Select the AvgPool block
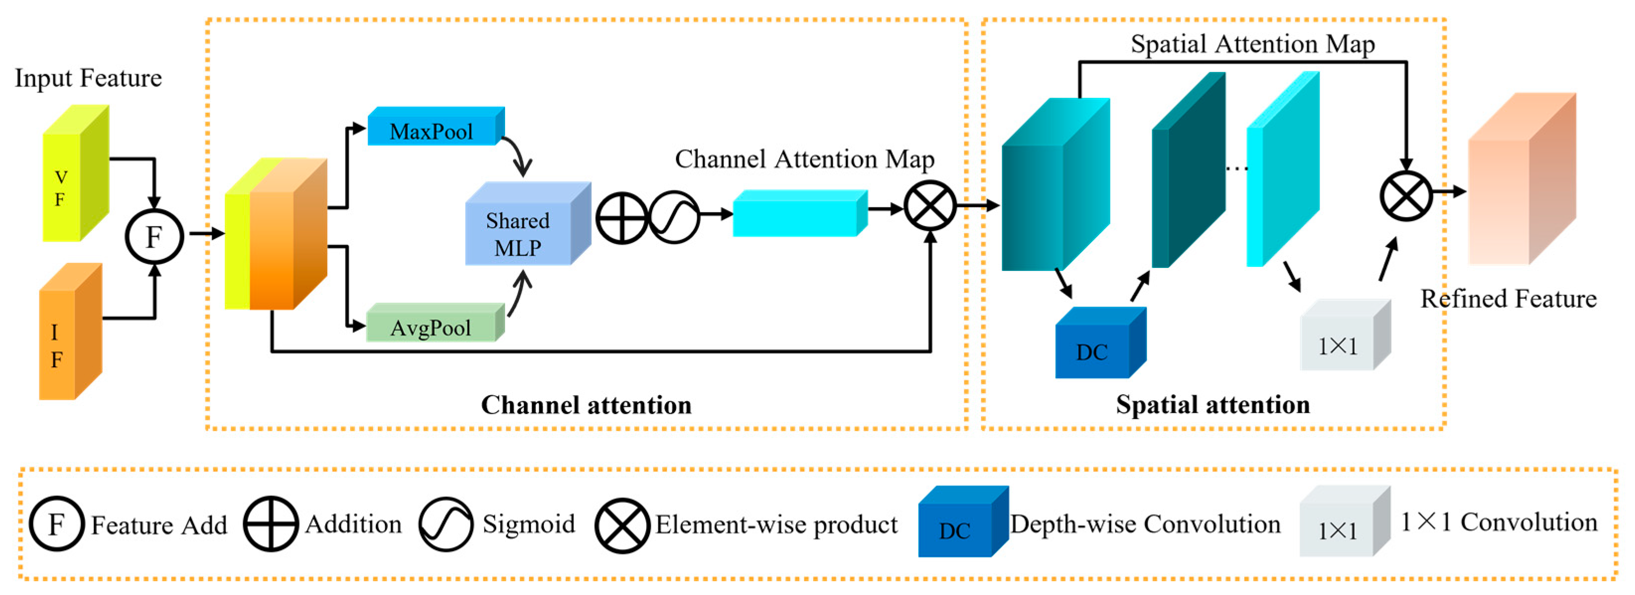[434, 326]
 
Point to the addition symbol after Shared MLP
[622, 218]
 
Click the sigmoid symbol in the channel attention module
[674, 218]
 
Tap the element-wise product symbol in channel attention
[930, 206]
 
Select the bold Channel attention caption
[586, 405]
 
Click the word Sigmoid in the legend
[528, 524]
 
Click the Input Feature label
[88, 78]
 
